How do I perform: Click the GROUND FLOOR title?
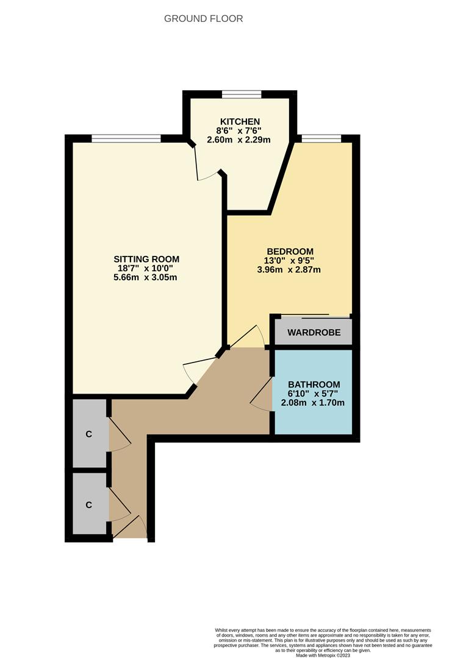pyautogui.click(x=204, y=19)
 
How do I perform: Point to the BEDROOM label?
pyautogui.click(x=290, y=252)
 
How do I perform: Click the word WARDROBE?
pyautogui.click(x=313, y=333)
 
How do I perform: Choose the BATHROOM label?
pyautogui.click(x=314, y=384)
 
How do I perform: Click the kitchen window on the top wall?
pyautogui.click(x=242, y=94)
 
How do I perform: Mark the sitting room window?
pyautogui.click(x=126, y=138)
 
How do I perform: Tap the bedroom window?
pyautogui.click(x=321, y=138)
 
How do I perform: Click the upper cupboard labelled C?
pyautogui.click(x=89, y=434)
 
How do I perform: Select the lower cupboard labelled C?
pyautogui.click(x=89, y=505)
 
